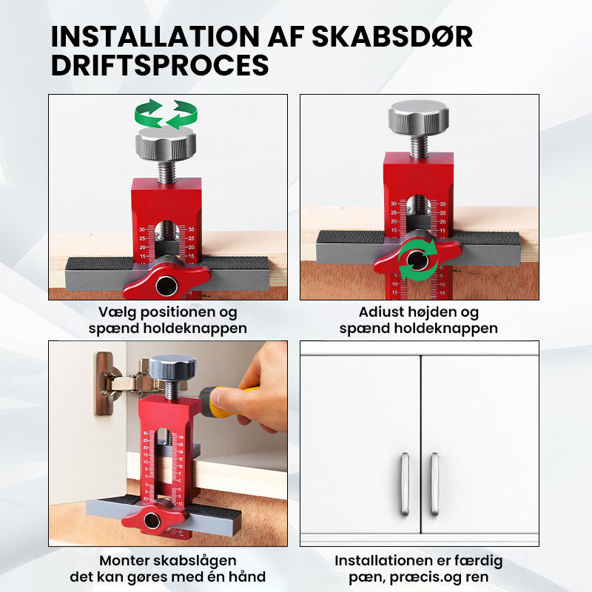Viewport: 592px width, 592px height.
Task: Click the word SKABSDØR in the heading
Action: pos(392,36)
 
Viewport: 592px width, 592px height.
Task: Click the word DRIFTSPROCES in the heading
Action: pos(160,65)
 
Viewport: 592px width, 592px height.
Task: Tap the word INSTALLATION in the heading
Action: pos(155,36)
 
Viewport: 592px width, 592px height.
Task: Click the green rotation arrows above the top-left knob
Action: pos(166,114)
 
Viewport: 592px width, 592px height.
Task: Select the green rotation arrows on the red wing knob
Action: pos(418,260)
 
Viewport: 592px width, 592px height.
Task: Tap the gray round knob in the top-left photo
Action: pos(166,143)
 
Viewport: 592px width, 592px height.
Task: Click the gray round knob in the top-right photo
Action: pos(419,118)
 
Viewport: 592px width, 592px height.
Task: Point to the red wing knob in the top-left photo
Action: pos(166,279)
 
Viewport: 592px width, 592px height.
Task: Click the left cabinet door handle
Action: pos(405,484)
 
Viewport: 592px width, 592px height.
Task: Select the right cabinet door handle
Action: pos(434,484)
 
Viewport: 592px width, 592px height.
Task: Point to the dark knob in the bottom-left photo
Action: pos(172,366)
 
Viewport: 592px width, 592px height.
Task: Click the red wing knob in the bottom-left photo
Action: pos(154,519)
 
